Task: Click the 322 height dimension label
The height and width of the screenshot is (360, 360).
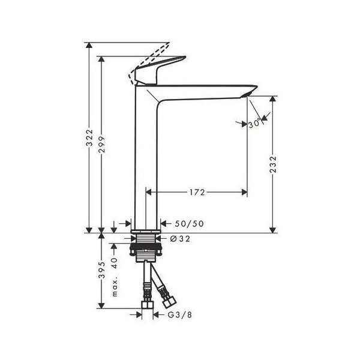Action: (x=89, y=138)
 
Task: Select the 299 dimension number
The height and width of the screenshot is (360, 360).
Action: (x=101, y=145)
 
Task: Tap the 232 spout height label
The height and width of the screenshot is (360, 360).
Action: (x=273, y=164)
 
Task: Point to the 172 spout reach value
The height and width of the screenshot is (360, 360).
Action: (x=197, y=192)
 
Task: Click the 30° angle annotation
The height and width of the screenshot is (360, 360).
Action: (x=255, y=124)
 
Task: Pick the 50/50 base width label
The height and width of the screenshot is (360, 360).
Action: (x=189, y=224)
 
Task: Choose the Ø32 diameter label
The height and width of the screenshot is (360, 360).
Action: (x=180, y=239)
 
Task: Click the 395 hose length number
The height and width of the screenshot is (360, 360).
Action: (x=101, y=270)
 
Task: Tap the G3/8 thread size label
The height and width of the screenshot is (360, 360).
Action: (x=180, y=315)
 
